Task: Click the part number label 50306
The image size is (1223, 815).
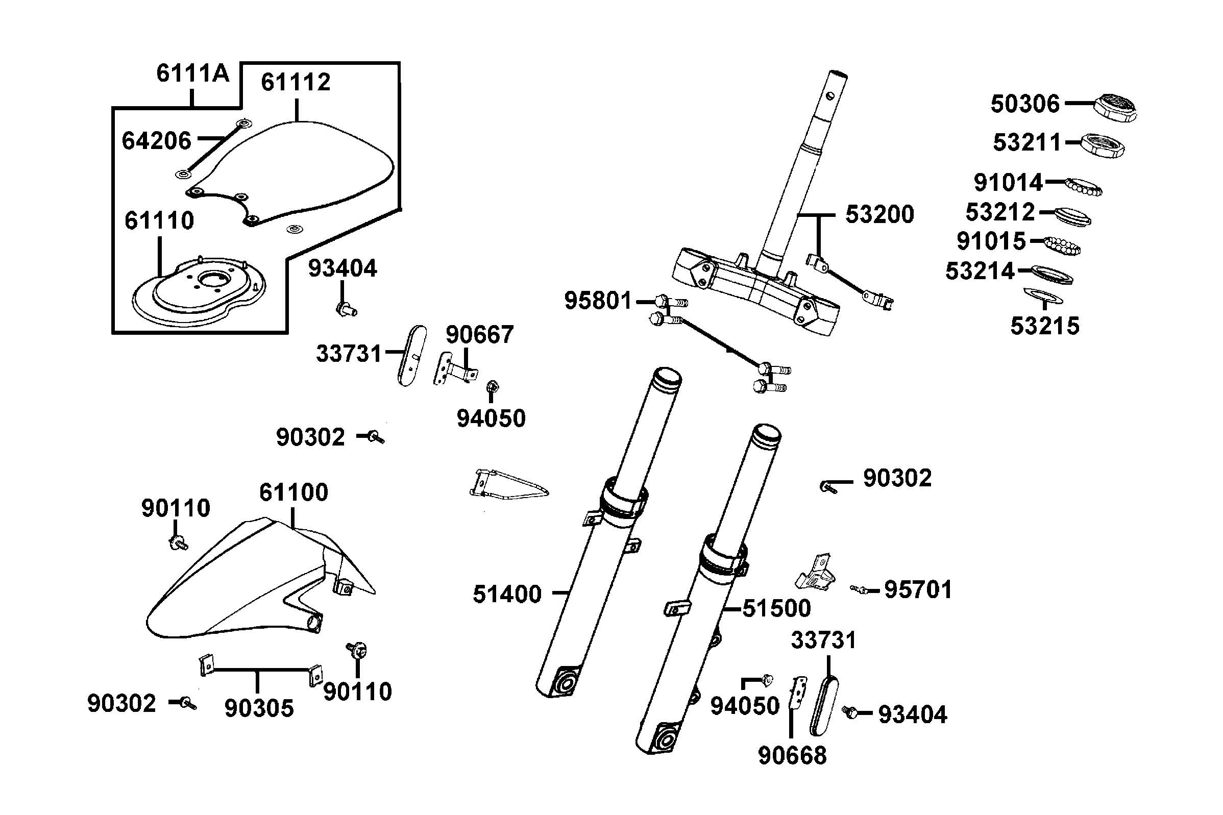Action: coord(1024,104)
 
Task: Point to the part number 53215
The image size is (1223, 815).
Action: coord(1044,327)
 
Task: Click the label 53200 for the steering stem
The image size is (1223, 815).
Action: coord(879,214)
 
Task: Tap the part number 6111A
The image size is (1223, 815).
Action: coord(192,73)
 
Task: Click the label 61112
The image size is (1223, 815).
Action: coord(295,82)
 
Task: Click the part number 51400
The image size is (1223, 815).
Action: coord(507,594)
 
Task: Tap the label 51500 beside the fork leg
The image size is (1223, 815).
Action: coord(776,608)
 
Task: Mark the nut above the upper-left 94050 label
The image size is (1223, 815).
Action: coord(492,387)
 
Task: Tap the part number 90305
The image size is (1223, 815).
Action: coord(259,708)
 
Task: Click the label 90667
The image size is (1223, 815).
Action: coord(479,335)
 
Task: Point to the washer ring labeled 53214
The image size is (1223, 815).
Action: coord(1051,274)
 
